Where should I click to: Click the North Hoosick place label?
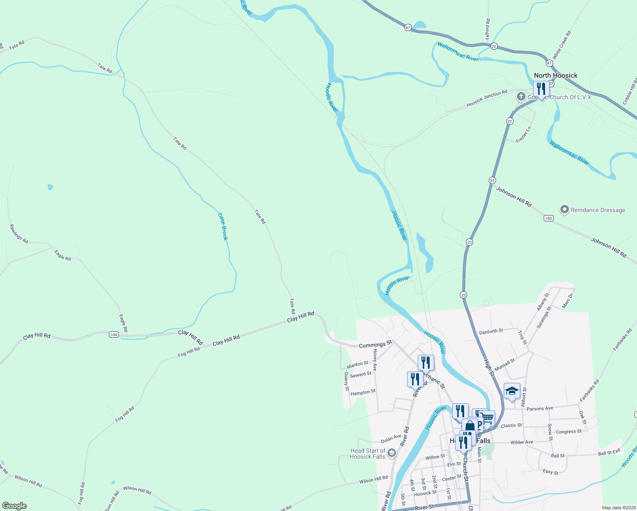click(555, 75)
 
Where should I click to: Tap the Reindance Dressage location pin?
click(565, 210)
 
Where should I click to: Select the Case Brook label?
click(223, 226)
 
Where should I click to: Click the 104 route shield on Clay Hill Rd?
click(114, 335)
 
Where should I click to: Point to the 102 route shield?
click(548, 218)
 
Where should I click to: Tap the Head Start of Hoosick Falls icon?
click(392, 453)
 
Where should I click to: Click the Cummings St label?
click(375, 345)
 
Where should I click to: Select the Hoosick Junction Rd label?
click(487, 98)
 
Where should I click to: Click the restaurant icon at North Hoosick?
click(541, 89)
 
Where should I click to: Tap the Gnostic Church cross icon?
click(521, 97)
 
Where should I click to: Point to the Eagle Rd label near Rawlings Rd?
click(63, 255)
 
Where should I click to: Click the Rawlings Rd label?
click(19, 234)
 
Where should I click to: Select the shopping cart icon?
click(488, 419)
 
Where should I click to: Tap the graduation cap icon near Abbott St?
click(512, 391)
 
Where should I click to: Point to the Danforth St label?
click(491, 331)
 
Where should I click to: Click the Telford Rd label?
click(488, 29)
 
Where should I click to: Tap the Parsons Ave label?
click(539, 408)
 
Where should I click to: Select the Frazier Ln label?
click(524, 135)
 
